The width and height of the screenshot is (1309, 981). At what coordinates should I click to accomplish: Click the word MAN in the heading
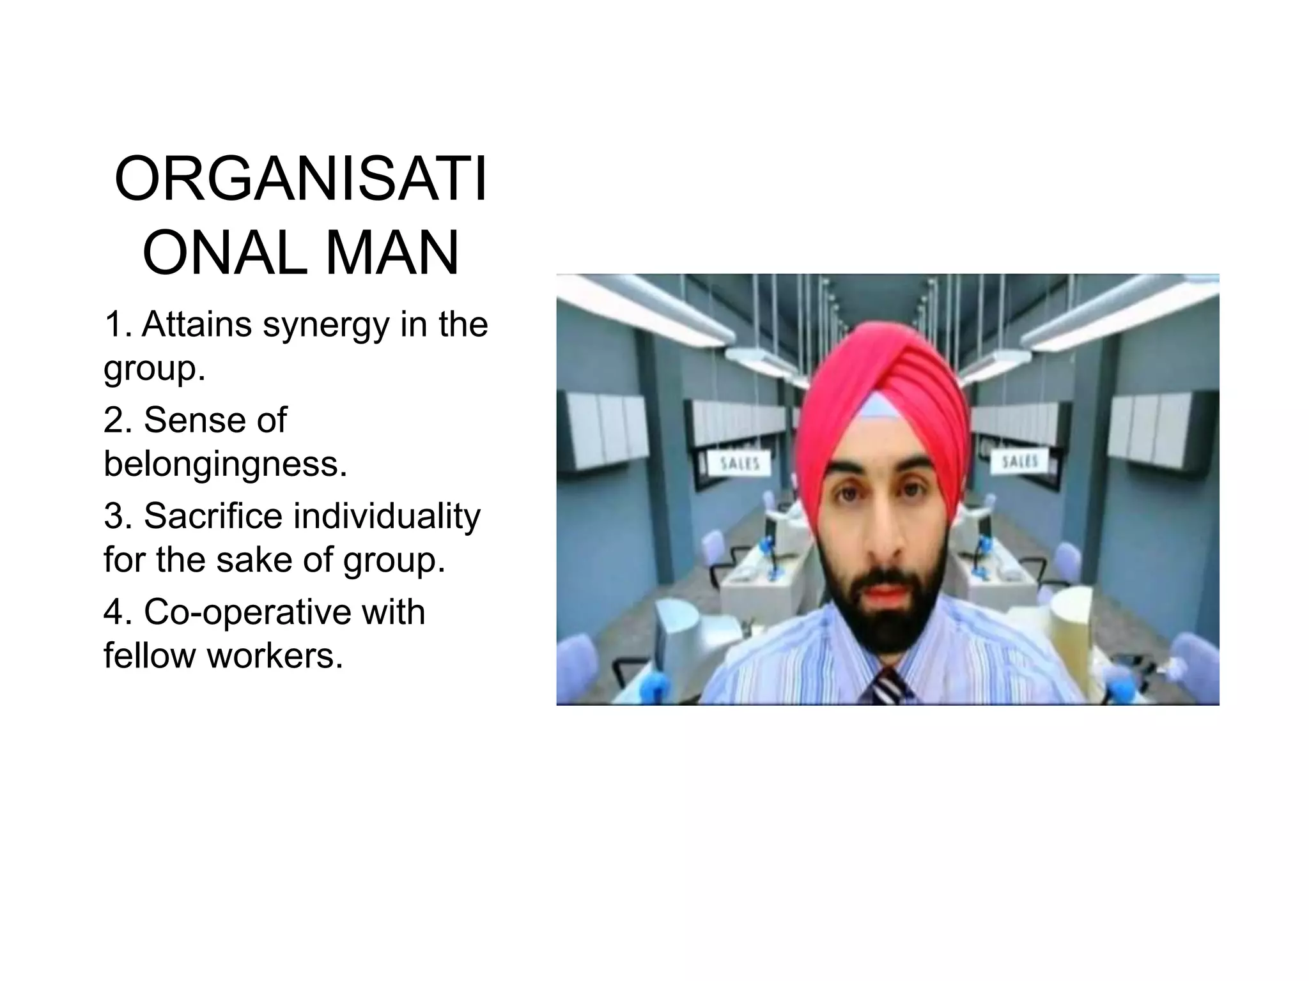pyautogui.click(x=392, y=254)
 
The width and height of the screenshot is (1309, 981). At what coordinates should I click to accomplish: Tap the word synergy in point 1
pyautogui.click(x=326, y=326)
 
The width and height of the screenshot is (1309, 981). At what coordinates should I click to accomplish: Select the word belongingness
pyautogui.click(x=225, y=464)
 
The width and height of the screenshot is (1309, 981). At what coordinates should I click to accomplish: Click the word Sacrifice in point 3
pyautogui.click(x=213, y=516)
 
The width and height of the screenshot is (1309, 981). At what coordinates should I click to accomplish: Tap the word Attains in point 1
pyautogui.click(x=197, y=324)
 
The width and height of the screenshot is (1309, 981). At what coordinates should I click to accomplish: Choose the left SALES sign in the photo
pyautogui.click(x=740, y=463)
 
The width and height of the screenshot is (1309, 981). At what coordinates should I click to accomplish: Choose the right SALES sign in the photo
pyautogui.click(x=1019, y=461)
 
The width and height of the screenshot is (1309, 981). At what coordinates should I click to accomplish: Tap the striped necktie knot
pyautogui.click(x=887, y=687)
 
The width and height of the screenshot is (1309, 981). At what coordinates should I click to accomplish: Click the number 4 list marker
pyautogui.click(x=114, y=612)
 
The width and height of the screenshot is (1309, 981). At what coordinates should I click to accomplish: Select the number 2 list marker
pyautogui.click(x=114, y=420)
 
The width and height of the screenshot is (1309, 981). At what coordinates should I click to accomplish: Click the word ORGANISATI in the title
pyautogui.click(x=300, y=179)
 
